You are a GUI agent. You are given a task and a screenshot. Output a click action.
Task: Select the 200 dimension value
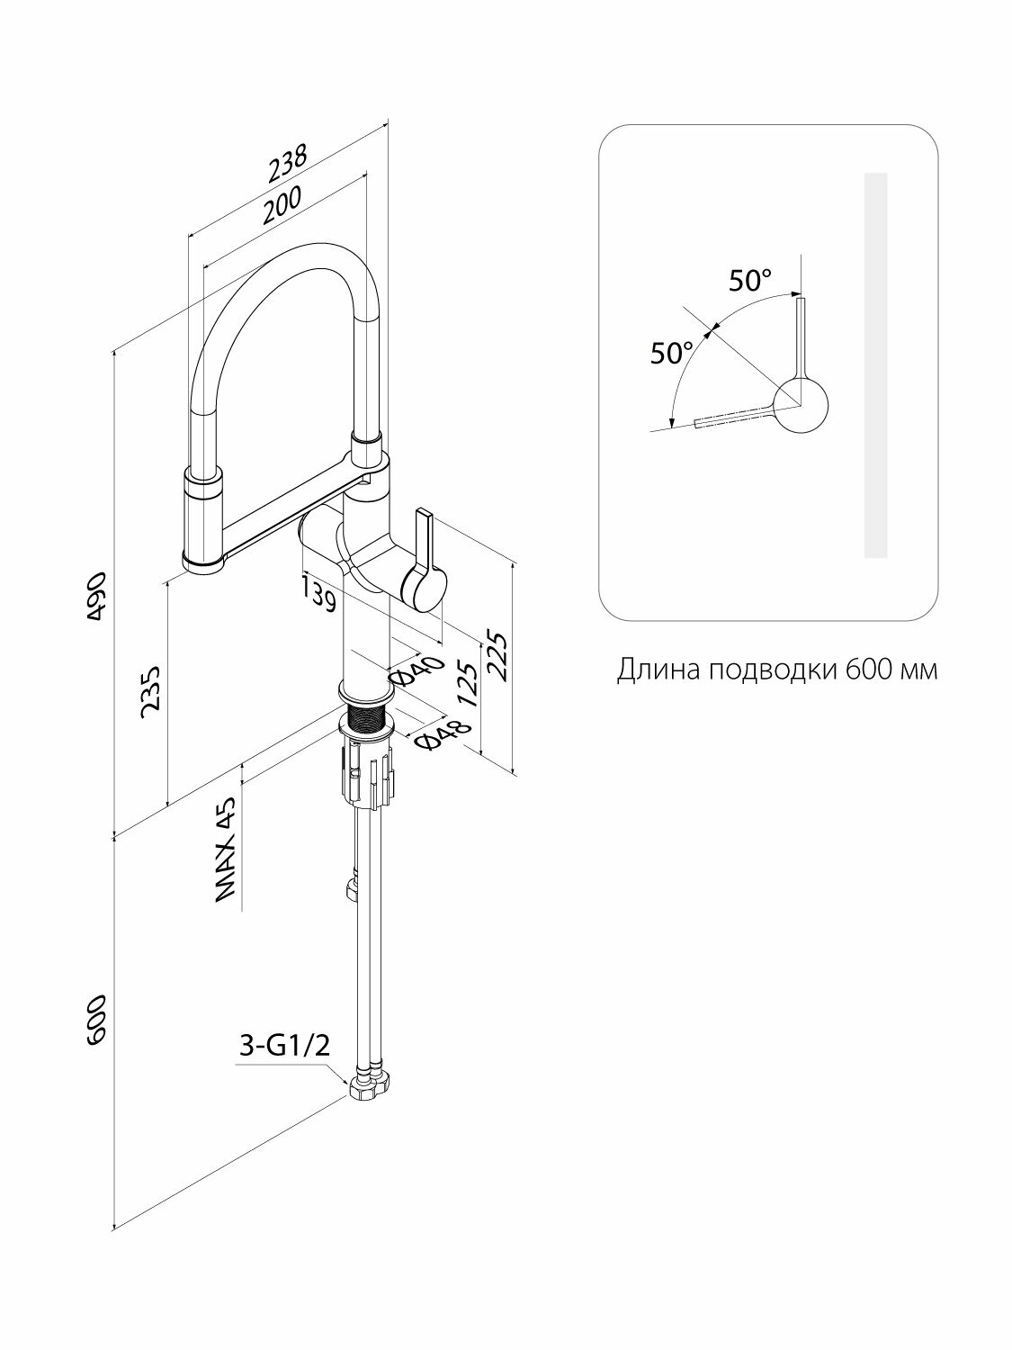[281, 204]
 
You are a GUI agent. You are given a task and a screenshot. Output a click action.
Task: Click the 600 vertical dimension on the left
[97, 1021]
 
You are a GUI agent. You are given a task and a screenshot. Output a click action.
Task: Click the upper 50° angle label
[750, 281]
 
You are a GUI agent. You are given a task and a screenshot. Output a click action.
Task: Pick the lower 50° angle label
[673, 353]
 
